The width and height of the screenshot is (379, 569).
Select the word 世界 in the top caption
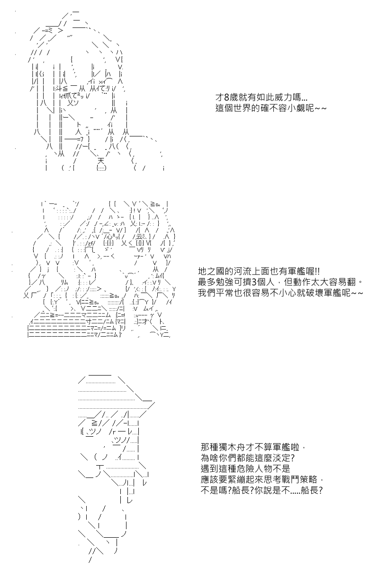pyautogui.click(x=243, y=108)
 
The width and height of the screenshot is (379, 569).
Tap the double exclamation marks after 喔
pyautogui.click(x=317, y=271)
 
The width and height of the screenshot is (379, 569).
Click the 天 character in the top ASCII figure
pyautogui.click(x=101, y=161)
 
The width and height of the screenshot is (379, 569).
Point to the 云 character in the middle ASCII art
pyautogui.click(x=139, y=237)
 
